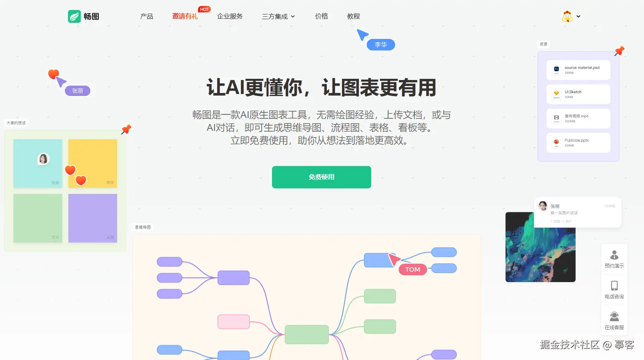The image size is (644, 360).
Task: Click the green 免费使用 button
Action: click(x=321, y=177)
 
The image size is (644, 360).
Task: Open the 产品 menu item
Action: click(x=146, y=16)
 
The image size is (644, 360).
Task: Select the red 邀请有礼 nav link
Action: click(x=185, y=16)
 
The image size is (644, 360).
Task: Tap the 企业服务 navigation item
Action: click(x=230, y=16)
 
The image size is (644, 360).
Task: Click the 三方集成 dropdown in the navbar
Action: click(x=278, y=16)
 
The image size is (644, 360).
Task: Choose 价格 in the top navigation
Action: click(x=321, y=16)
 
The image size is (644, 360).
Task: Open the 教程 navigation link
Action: click(x=353, y=16)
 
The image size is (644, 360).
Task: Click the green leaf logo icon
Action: click(x=74, y=16)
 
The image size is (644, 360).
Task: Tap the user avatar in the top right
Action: click(x=567, y=16)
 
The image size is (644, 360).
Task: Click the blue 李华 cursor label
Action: click(x=380, y=45)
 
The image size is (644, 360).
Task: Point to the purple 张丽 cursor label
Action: click(x=78, y=91)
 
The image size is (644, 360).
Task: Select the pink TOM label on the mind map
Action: click(x=412, y=270)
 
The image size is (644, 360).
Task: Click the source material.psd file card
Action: click(x=578, y=70)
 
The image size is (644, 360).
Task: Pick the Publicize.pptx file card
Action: click(x=578, y=143)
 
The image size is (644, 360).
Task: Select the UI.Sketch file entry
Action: click(x=578, y=94)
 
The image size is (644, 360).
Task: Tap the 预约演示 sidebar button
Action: click(x=614, y=259)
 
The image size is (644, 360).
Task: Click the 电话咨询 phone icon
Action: click(x=614, y=286)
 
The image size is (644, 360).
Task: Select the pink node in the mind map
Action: click(x=233, y=322)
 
